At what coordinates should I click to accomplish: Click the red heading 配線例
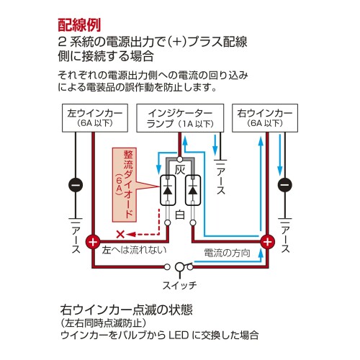pyautogui.click(x=79, y=25)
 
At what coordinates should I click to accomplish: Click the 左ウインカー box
pyautogui.click(x=95, y=118)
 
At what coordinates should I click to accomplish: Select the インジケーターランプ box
pyautogui.click(x=180, y=118)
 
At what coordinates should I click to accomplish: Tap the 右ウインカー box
pyautogui.click(x=265, y=118)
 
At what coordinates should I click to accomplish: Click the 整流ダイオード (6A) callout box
pyautogui.click(x=125, y=185)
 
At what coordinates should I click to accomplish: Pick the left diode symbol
pyautogui.click(x=168, y=190)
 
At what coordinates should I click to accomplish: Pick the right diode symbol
pyautogui.click(x=193, y=190)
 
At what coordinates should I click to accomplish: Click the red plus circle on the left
pyautogui.click(x=93, y=241)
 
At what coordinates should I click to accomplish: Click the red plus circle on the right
pyautogui.click(x=268, y=241)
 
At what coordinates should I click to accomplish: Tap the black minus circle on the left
pyautogui.click(x=76, y=185)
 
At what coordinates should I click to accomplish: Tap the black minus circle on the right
pyautogui.click(x=285, y=185)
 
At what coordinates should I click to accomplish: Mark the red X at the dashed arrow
pyautogui.click(x=120, y=234)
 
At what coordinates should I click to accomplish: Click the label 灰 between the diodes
pyautogui.click(x=180, y=170)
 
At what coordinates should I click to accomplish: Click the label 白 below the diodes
pyautogui.click(x=180, y=215)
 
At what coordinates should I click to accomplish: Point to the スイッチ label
pyautogui.click(x=180, y=285)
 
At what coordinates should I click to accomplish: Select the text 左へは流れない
pyautogui.click(x=134, y=250)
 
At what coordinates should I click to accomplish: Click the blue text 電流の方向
pyautogui.click(x=227, y=253)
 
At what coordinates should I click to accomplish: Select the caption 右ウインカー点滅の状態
pyautogui.click(x=127, y=310)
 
